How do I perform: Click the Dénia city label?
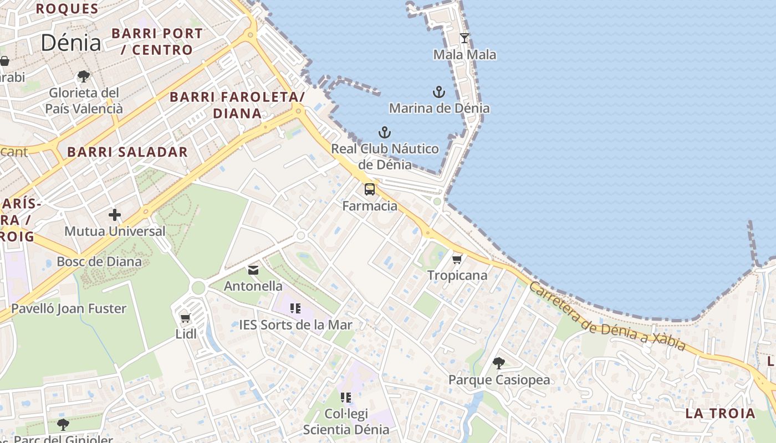click(71, 43)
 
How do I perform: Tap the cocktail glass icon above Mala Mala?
click(464, 38)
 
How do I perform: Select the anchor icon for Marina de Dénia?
click(439, 91)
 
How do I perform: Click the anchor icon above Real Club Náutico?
click(385, 132)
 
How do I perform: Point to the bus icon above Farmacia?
click(370, 189)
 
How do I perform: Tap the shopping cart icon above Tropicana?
click(457, 259)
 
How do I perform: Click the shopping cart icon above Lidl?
click(186, 318)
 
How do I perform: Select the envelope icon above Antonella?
click(253, 270)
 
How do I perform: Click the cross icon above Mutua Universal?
click(115, 214)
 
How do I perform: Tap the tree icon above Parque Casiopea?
click(499, 363)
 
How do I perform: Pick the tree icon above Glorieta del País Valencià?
click(84, 76)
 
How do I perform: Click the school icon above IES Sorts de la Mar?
click(295, 308)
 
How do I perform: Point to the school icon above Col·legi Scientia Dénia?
click(346, 397)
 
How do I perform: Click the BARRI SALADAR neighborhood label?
click(127, 152)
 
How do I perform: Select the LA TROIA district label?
click(720, 414)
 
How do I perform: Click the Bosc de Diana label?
click(99, 261)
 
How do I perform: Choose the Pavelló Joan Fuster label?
click(69, 308)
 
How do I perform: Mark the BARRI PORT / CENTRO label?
click(157, 42)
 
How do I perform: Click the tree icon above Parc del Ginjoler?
click(63, 425)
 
